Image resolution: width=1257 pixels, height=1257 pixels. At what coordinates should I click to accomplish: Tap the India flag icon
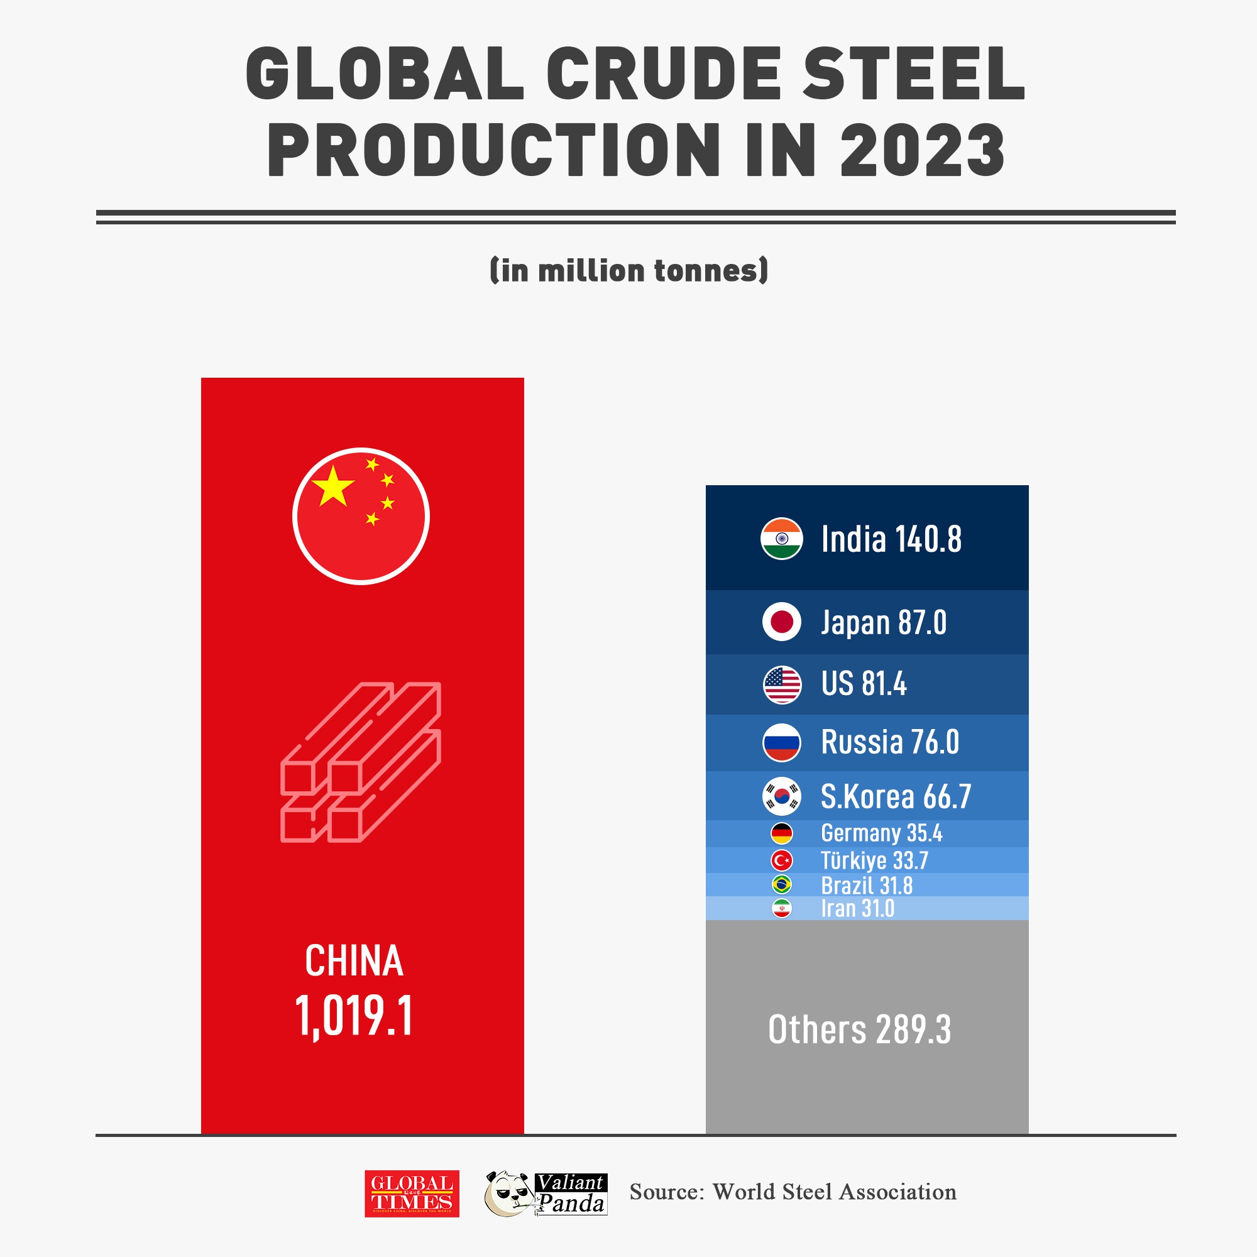(x=781, y=539)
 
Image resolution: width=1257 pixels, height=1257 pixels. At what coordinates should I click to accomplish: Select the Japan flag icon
(x=781, y=622)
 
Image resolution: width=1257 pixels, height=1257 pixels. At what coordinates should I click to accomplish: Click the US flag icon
(x=781, y=684)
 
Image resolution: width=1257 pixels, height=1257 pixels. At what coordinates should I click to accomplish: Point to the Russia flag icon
(x=781, y=742)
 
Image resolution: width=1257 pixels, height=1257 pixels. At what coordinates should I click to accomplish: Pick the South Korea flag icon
(x=781, y=796)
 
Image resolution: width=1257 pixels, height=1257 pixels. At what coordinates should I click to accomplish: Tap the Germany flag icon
(x=781, y=833)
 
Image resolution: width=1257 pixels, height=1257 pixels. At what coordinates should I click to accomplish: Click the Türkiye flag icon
(x=781, y=861)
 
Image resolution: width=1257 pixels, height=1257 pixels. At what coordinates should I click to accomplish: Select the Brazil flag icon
(x=781, y=885)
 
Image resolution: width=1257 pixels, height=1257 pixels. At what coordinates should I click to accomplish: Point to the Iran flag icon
(x=781, y=908)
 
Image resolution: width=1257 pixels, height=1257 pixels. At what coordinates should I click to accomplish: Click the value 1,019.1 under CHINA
(x=354, y=1016)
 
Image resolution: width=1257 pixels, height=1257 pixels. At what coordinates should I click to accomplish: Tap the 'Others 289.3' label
(x=859, y=1030)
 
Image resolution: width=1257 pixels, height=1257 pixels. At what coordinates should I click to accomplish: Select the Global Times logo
(x=411, y=1194)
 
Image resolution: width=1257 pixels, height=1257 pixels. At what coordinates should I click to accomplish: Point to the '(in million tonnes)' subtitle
(x=628, y=271)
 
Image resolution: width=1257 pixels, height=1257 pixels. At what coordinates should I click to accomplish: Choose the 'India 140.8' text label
(x=891, y=539)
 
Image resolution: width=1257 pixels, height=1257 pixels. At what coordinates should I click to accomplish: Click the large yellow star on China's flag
(x=332, y=486)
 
